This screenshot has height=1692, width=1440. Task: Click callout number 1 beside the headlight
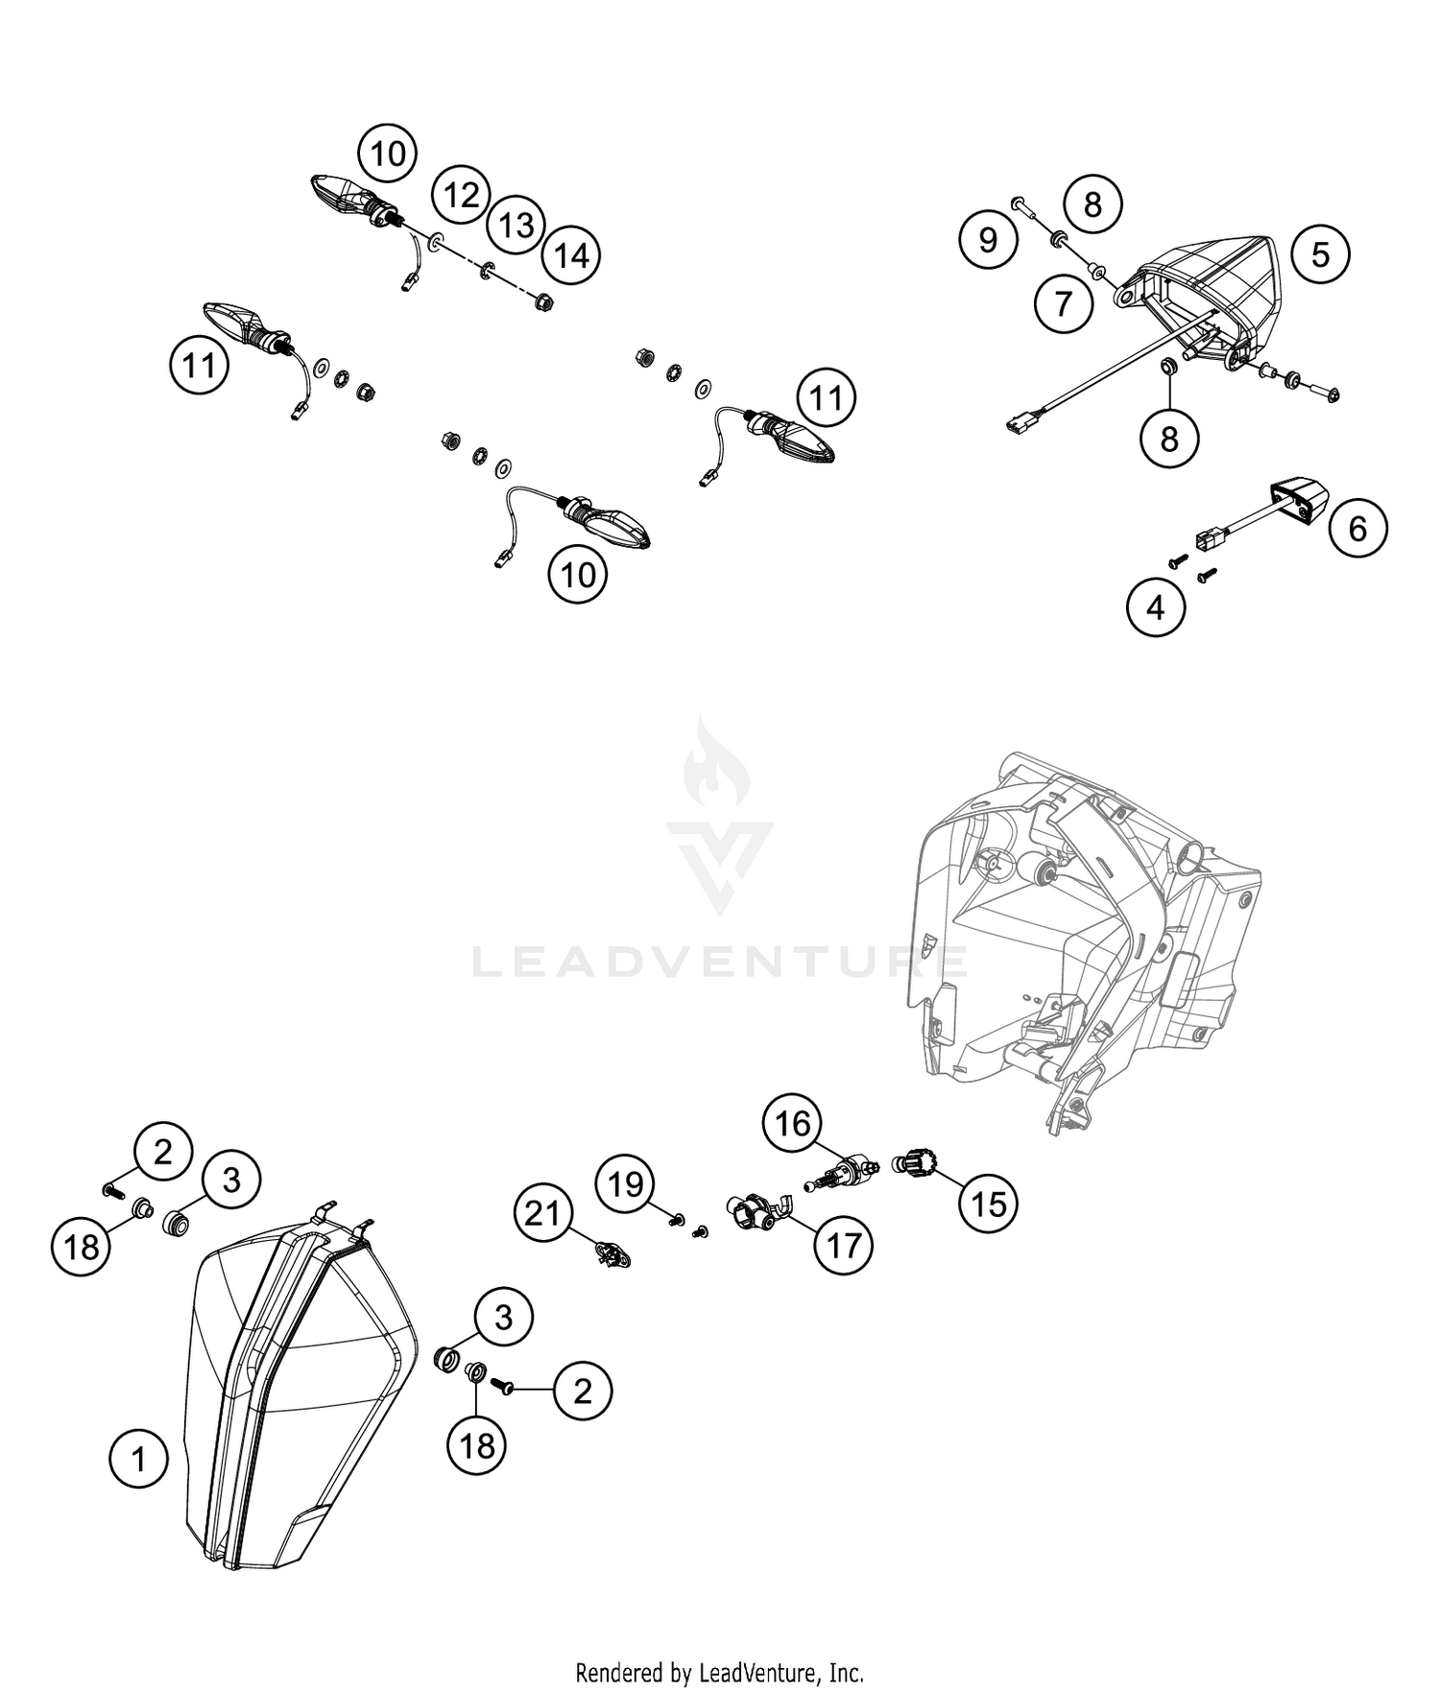(138, 1459)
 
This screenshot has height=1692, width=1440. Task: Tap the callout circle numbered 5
(1320, 254)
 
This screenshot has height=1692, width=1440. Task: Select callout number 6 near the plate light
(1357, 528)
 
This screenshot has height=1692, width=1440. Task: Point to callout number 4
(1155, 608)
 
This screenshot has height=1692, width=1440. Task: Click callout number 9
(988, 239)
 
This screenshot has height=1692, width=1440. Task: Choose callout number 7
(1063, 303)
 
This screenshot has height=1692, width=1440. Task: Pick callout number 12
(461, 196)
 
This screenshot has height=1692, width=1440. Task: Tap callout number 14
(570, 256)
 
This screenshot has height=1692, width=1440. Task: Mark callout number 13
(516, 226)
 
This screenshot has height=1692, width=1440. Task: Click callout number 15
(989, 1203)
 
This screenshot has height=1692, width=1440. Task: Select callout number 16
(793, 1123)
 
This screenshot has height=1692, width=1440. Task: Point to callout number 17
(843, 1246)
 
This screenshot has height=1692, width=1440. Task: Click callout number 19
(626, 1184)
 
